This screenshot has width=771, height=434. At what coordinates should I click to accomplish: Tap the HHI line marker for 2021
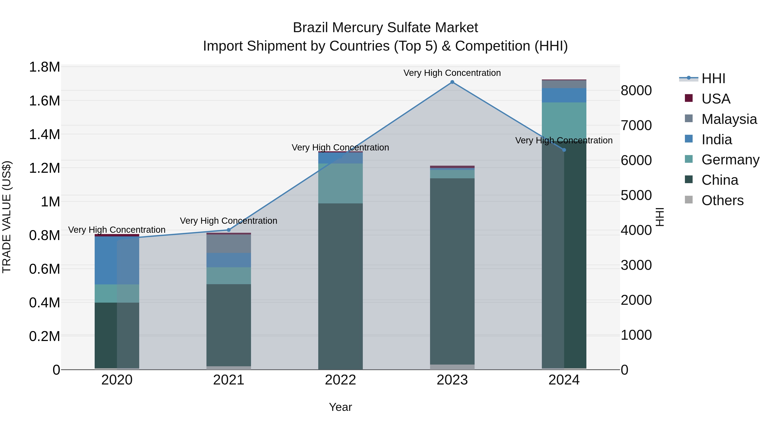pyautogui.click(x=229, y=230)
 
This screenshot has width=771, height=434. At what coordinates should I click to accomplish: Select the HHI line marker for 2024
pyautogui.click(x=564, y=150)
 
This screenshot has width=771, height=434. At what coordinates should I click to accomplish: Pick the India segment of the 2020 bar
pyautogui.click(x=117, y=260)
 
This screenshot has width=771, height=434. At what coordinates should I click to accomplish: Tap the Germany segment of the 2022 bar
pyautogui.click(x=340, y=183)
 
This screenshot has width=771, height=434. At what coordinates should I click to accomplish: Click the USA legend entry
pyautogui.click(x=716, y=99)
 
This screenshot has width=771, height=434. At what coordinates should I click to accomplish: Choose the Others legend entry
pyautogui.click(x=722, y=200)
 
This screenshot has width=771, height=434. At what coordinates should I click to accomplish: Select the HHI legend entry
pyautogui.click(x=713, y=78)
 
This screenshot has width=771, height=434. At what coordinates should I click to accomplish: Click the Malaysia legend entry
pyautogui.click(x=729, y=119)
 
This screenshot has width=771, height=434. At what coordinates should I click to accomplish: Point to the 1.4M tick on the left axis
pyautogui.click(x=45, y=134)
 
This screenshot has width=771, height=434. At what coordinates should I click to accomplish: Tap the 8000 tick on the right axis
pyautogui.click(x=636, y=90)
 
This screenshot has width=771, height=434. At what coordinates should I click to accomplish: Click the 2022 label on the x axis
pyautogui.click(x=340, y=380)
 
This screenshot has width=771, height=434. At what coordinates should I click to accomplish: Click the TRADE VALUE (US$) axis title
pyautogui.click(x=7, y=217)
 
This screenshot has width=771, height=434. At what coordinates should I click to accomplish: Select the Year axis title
pyautogui.click(x=340, y=407)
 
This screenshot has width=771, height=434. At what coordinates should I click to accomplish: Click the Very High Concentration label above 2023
pyautogui.click(x=452, y=73)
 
